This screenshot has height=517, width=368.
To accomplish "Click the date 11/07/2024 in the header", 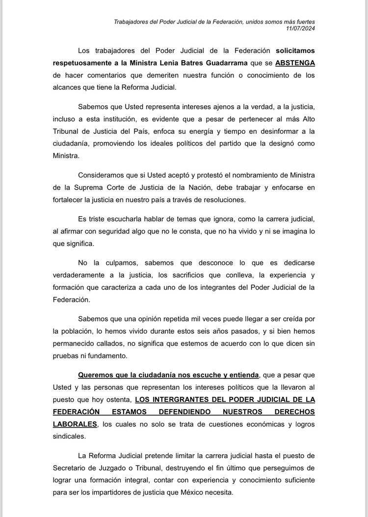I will (301, 29).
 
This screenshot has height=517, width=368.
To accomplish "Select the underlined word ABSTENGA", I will (295, 63).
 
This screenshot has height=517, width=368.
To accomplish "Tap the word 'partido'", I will (244, 144).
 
